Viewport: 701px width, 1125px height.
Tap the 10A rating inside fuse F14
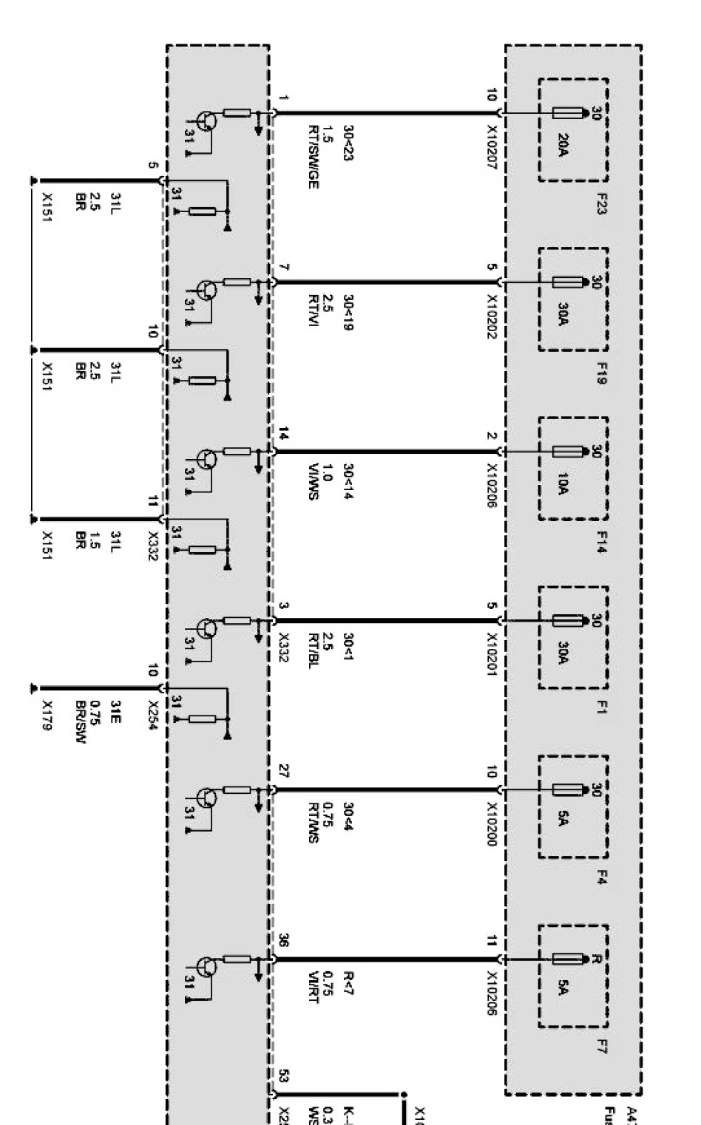point(563,485)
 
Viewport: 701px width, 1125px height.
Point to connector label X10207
point(491,147)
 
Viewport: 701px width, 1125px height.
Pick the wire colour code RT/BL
point(314,648)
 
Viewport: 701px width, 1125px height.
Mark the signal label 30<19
point(348,313)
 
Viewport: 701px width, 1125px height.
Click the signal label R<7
point(348,984)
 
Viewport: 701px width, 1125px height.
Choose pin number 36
point(284,940)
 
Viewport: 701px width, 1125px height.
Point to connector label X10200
point(491,823)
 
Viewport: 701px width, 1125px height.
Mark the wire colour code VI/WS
point(314,484)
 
